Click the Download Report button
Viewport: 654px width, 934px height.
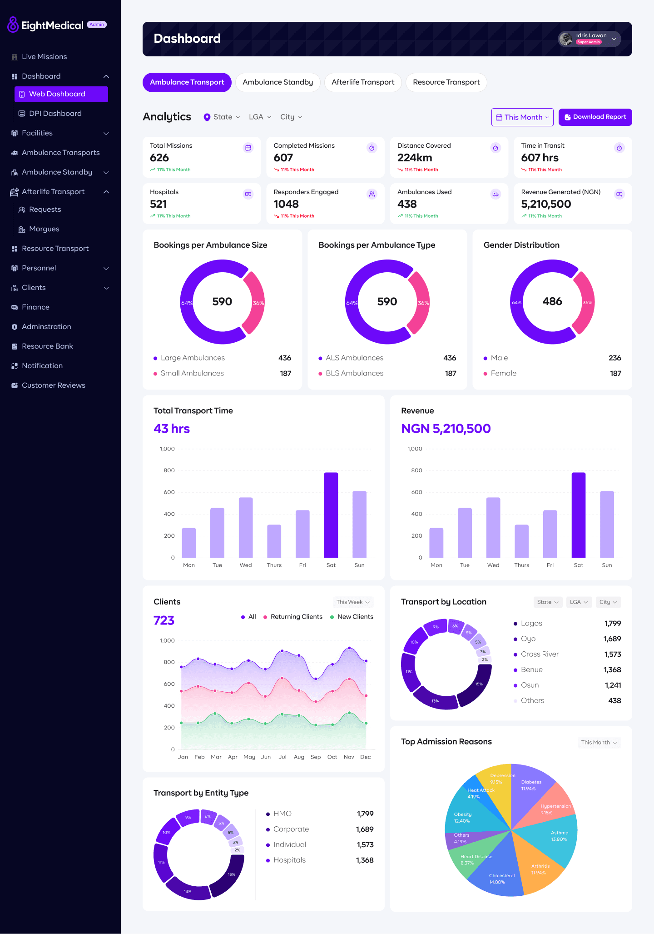(x=595, y=117)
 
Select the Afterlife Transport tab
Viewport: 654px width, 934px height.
(x=363, y=82)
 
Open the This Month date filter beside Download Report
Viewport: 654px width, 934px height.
(x=522, y=117)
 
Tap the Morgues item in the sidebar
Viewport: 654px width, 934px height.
(x=44, y=229)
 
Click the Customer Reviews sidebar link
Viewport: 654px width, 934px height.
(x=54, y=385)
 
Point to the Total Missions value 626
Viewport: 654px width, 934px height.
(x=159, y=158)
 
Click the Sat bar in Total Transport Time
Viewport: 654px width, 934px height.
(x=331, y=515)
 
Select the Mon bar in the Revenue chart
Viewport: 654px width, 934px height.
(x=436, y=543)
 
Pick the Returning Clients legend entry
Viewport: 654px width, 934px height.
(x=293, y=617)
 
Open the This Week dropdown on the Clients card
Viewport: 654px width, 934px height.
(x=353, y=602)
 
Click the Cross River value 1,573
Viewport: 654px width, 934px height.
(x=613, y=654)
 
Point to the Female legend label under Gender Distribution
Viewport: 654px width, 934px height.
(x=504, y=374)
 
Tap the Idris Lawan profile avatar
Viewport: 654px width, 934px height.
(x=566, y=39)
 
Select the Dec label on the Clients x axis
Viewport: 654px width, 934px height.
(x=366, y=757)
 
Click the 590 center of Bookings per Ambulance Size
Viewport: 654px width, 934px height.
(x=222, y=302)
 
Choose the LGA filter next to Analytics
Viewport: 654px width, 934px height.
(x=260, y=117)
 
